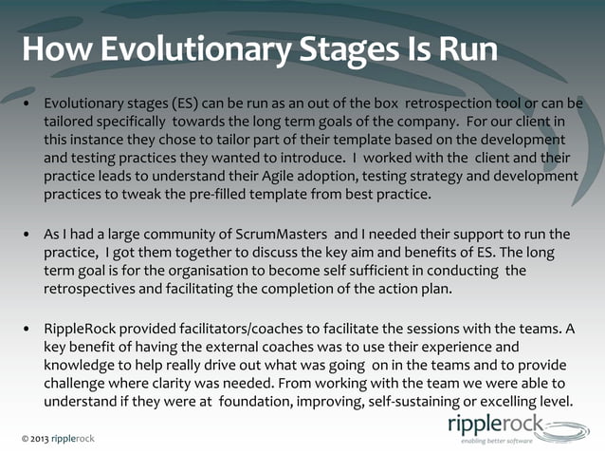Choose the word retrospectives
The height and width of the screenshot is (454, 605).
(x=98, y=290)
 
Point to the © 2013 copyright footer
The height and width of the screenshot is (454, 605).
(x=58, y=438)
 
